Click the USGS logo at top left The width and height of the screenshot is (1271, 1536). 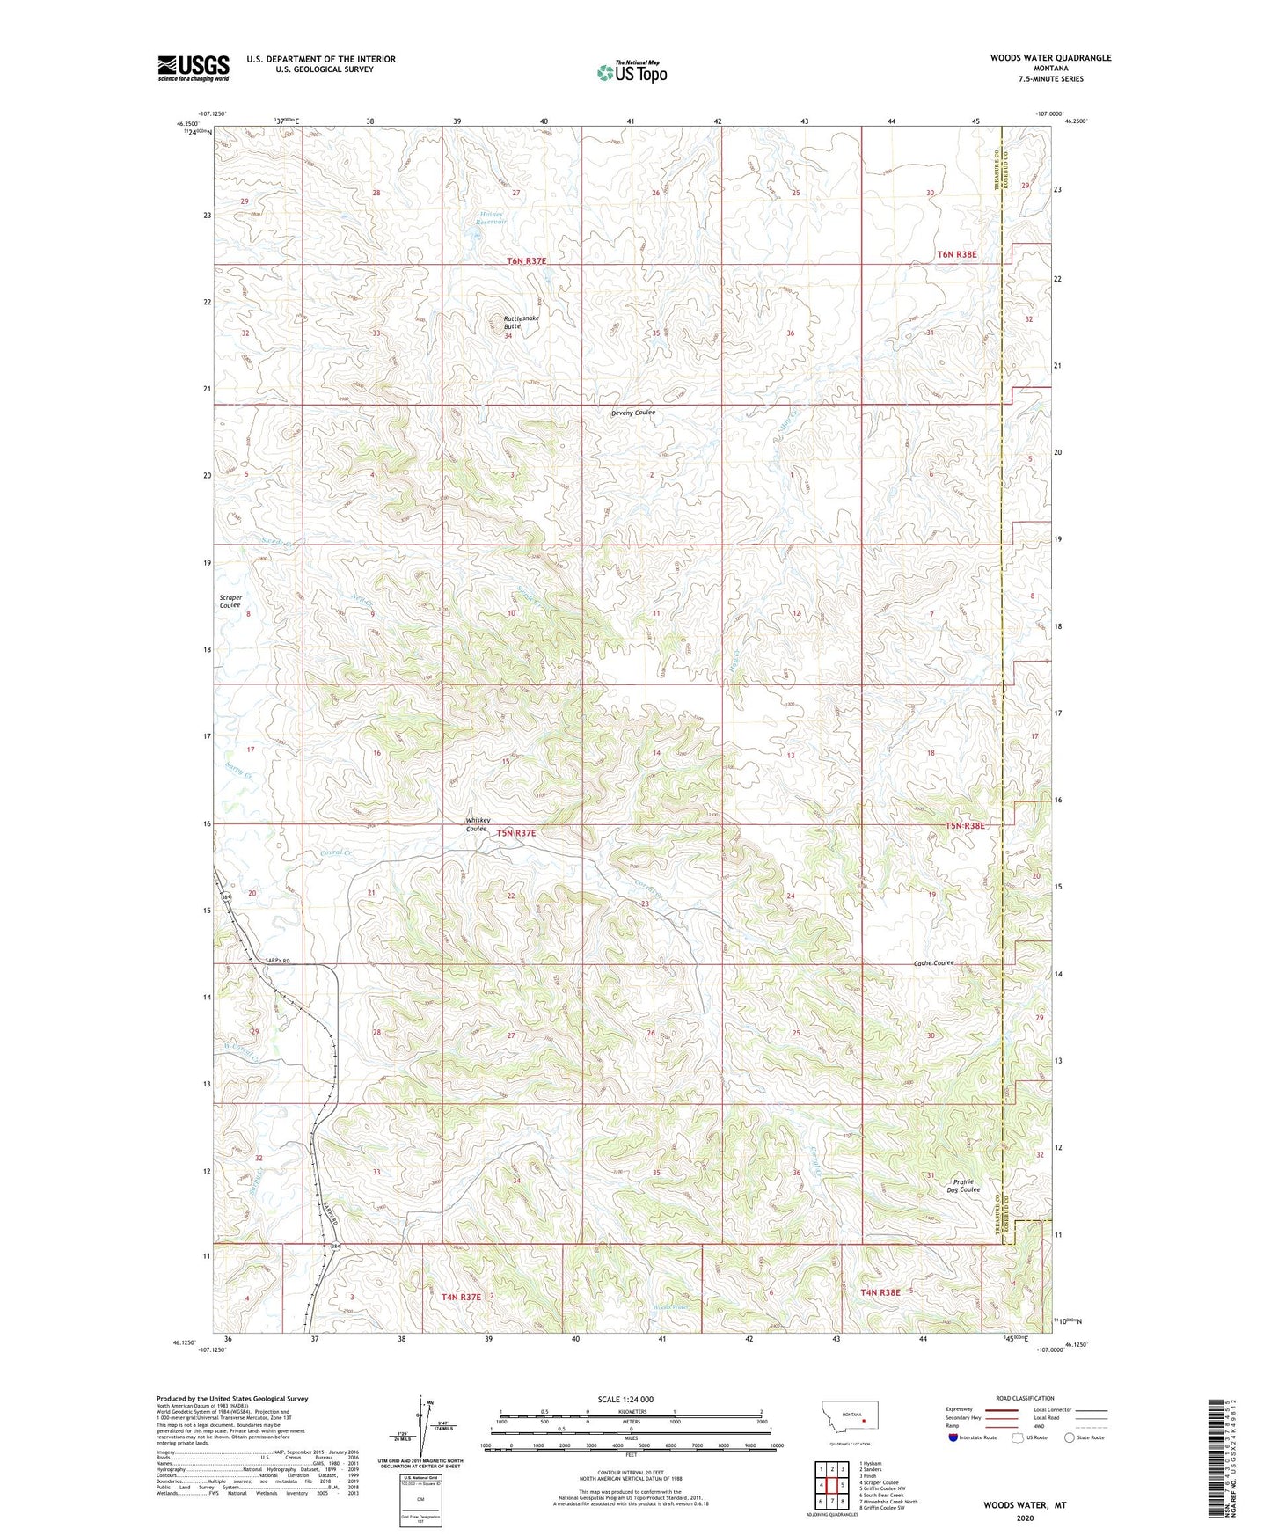tap(194, 67)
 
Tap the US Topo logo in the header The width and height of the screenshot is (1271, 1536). tap(632, 72)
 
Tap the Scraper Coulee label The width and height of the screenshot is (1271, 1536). tap(230, 602)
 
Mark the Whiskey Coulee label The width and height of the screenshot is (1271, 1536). tap(478, 824)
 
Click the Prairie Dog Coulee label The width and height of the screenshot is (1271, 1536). tap(963, 1186)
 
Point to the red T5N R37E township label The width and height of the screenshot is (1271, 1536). tap(515, 832)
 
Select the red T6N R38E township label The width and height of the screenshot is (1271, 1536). tap(956, 254)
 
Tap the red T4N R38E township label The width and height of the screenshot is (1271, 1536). tap(880, 1292)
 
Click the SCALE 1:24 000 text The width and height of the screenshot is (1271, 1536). tap(625, 1399)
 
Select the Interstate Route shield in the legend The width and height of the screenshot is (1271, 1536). tap(955, 1437)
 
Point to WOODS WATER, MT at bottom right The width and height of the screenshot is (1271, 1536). tap(1024, 1505)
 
